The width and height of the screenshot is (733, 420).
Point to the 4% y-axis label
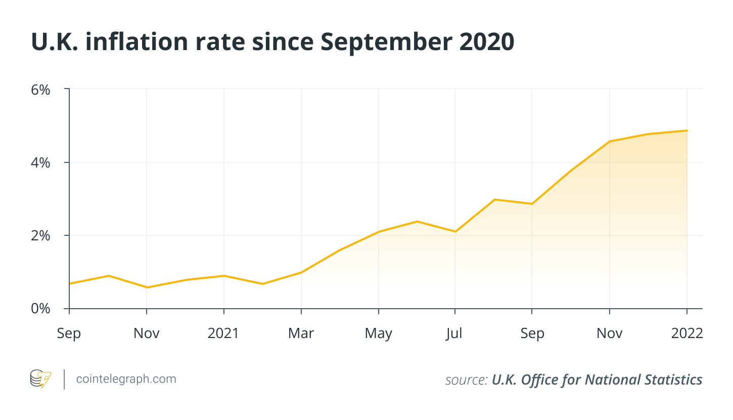click(41, 162)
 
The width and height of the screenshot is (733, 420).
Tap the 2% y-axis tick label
click(41, 235)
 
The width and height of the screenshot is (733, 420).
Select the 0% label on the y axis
click(41, 308)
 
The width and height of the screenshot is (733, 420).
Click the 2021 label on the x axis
click(223, 333)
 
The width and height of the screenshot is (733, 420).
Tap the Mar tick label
click(301, 333)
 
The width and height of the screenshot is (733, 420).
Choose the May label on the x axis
click(379, 333)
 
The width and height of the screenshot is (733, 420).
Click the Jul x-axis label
click(455, 333)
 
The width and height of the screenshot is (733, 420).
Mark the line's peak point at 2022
click(687, 131)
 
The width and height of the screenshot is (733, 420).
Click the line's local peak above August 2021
click(494, 199)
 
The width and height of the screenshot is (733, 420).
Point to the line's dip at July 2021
click(455, 231)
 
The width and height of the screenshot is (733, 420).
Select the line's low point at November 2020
click(147, 287)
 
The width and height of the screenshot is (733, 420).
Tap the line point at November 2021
click(610, 141)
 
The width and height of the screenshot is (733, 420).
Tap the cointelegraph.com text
click(126, 379)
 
